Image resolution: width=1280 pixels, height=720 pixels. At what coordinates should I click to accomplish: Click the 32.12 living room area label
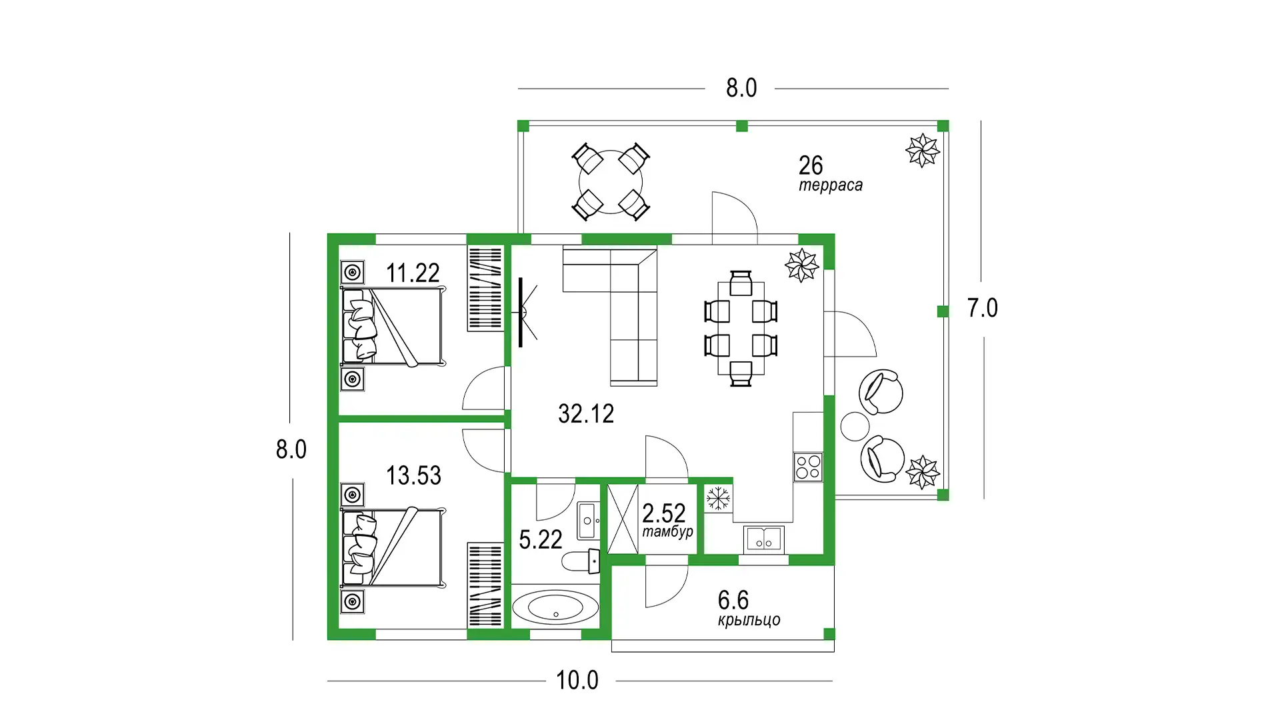tap(586, 414)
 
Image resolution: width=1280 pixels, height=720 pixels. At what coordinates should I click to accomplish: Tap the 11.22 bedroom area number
tap(413, 273)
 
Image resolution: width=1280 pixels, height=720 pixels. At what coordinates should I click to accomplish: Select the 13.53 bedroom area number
tap(414, 476)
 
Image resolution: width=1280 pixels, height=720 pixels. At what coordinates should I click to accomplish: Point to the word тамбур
tap(667, 532)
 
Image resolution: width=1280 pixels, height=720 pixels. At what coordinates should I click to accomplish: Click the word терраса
tap(831, 185)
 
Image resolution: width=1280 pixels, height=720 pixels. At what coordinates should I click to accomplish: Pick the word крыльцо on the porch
tap(749, 620)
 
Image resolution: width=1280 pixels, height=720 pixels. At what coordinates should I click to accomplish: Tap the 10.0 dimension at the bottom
tap(577, 681)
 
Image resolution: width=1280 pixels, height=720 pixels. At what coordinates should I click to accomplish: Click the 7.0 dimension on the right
tap(983, 308)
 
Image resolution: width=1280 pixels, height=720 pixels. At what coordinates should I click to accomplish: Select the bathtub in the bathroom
tap(555, 607)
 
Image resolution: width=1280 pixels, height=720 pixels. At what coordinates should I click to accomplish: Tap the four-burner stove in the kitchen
tap(808, 467)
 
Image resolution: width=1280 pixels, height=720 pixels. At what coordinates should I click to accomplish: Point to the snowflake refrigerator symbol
tap(718, 498)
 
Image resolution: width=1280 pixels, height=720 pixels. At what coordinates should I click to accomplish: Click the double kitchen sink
tap(764, 539)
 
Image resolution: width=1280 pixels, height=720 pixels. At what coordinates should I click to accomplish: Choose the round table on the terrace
tap(611, 182)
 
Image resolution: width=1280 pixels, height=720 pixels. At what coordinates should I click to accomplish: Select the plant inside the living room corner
tap(801, 265)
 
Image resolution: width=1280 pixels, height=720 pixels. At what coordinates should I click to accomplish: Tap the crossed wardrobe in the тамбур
tap(623, 519)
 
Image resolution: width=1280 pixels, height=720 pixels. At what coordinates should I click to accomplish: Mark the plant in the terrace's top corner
tap(923, 150)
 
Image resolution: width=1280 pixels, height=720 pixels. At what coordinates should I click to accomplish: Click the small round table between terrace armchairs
tap(855, 427)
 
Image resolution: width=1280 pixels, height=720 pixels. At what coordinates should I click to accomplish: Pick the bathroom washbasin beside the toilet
tap(587, 521)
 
